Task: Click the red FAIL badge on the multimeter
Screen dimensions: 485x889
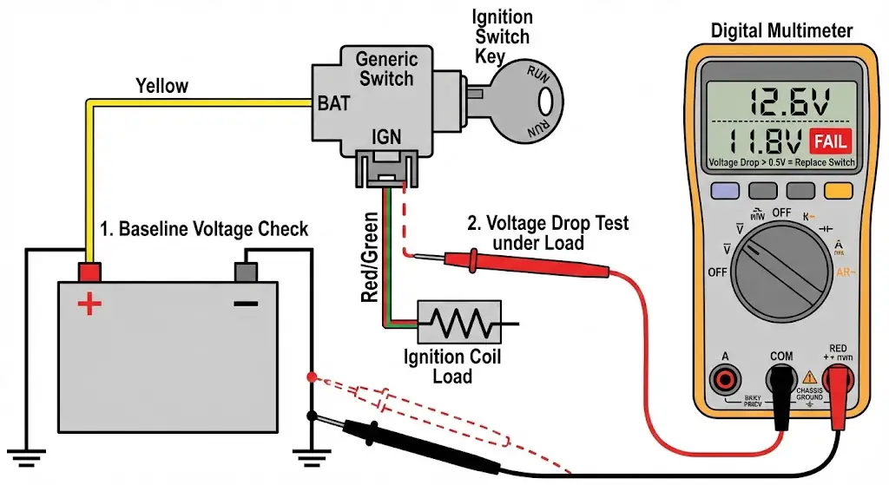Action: [829, 141]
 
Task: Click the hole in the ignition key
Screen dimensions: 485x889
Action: [545, 102]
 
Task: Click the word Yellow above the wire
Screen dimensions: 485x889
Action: [161, 86]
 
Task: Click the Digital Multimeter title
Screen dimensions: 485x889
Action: [781, 31]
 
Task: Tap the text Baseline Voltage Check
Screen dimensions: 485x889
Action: [204, 230]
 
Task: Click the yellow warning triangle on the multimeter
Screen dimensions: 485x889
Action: [811, 377]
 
